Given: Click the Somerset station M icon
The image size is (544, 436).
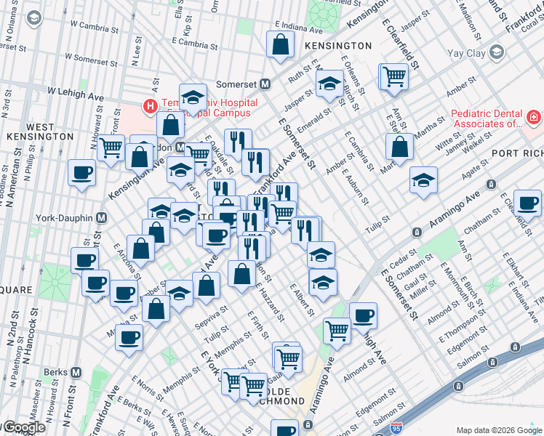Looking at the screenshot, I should [265, 84].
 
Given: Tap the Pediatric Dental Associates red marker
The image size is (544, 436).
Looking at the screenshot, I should [533, 117].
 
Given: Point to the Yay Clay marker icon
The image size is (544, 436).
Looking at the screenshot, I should [496, 52].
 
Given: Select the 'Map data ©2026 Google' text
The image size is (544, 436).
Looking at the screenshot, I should [498, 430].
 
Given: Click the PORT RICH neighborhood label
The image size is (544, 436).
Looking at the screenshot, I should [516, 153].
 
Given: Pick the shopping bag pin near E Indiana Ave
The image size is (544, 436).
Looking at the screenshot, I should [280, 44].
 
